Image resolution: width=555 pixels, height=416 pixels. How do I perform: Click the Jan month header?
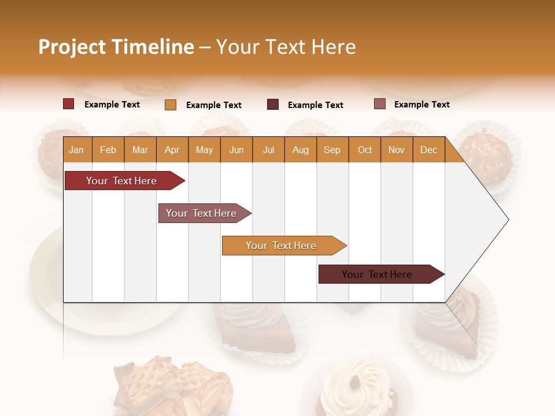click(76, 150)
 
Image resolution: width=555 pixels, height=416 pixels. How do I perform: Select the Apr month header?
click(172, 150)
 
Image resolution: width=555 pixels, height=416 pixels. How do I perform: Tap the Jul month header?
click(268, 150)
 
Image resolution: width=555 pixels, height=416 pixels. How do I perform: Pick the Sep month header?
click(332, 150)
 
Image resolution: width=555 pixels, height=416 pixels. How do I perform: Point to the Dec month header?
click(428, 150)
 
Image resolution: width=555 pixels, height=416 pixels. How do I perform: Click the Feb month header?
click(108, 150)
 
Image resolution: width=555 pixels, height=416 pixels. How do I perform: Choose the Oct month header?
click(365, 150)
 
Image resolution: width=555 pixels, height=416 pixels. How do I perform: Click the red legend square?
click(68, 104)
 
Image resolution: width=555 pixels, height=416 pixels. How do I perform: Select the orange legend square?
click(171, 105)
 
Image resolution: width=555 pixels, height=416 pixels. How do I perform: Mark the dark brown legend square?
click(273, 104)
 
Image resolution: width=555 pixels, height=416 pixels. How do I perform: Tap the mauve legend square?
click(379, 104)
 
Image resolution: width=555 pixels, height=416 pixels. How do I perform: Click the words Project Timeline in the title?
click(116, 47)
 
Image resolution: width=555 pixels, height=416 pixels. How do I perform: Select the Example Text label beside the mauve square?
click(421, 105)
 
